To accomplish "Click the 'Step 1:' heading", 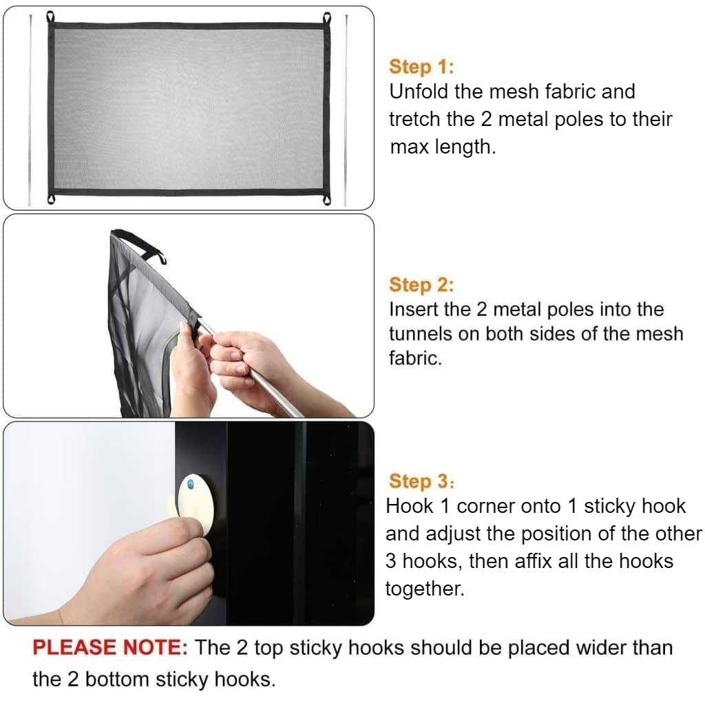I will tap(421, 67).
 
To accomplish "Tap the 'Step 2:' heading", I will tap(421, 285).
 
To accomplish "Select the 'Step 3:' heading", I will tap(421, 481).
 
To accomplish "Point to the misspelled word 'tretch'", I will tap(414, 120).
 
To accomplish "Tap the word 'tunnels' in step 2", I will tap(421, 335).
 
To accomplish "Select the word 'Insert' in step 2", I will tap(414, 310).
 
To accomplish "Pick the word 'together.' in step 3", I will tap(425, 589).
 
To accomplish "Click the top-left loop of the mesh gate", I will tap(50, 17).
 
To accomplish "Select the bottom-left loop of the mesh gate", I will tap(50, 199).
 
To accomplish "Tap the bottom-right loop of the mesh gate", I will tap(326, 199).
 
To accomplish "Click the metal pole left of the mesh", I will tap(30, 110).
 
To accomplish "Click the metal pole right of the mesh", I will tap(346, 110).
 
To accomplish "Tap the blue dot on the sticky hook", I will tap(191, 485).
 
